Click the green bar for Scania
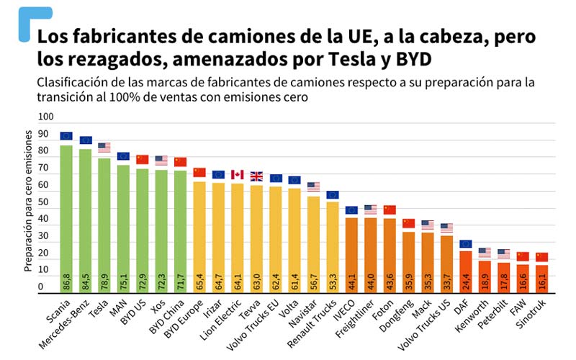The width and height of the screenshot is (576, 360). point(66,216)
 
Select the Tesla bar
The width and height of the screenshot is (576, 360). point(104,223)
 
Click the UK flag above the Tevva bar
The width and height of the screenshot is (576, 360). point(256,176)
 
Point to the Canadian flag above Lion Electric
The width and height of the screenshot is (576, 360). point(237,175)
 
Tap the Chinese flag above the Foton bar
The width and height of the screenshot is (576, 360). point(390,210)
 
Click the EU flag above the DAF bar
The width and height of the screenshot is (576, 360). point(465,244)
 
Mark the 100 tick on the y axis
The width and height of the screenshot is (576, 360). point(46,117)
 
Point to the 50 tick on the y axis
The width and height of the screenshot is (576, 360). point(46,202)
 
